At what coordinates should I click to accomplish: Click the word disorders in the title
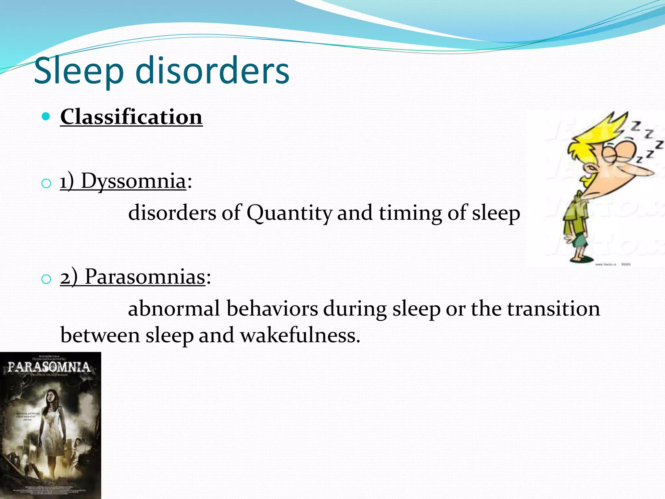(x=212, y=70)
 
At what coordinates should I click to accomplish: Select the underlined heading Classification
(x=131, y=117)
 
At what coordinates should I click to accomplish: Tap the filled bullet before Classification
(x=46, y=116)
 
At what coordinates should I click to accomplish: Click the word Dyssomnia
(x=133, y=181)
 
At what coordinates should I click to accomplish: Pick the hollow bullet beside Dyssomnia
(x=46, y=184)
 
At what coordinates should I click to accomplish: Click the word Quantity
(x=289, y=213)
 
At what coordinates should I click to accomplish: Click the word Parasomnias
(x=145, y=277)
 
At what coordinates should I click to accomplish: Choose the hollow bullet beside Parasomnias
(x=46, y=279)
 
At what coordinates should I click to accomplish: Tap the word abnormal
(x=174, y=309)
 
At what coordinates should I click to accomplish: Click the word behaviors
(x=272, y=309)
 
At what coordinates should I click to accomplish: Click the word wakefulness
(x=300, y=335)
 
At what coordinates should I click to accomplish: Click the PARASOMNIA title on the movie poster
(x=49, y=367)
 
